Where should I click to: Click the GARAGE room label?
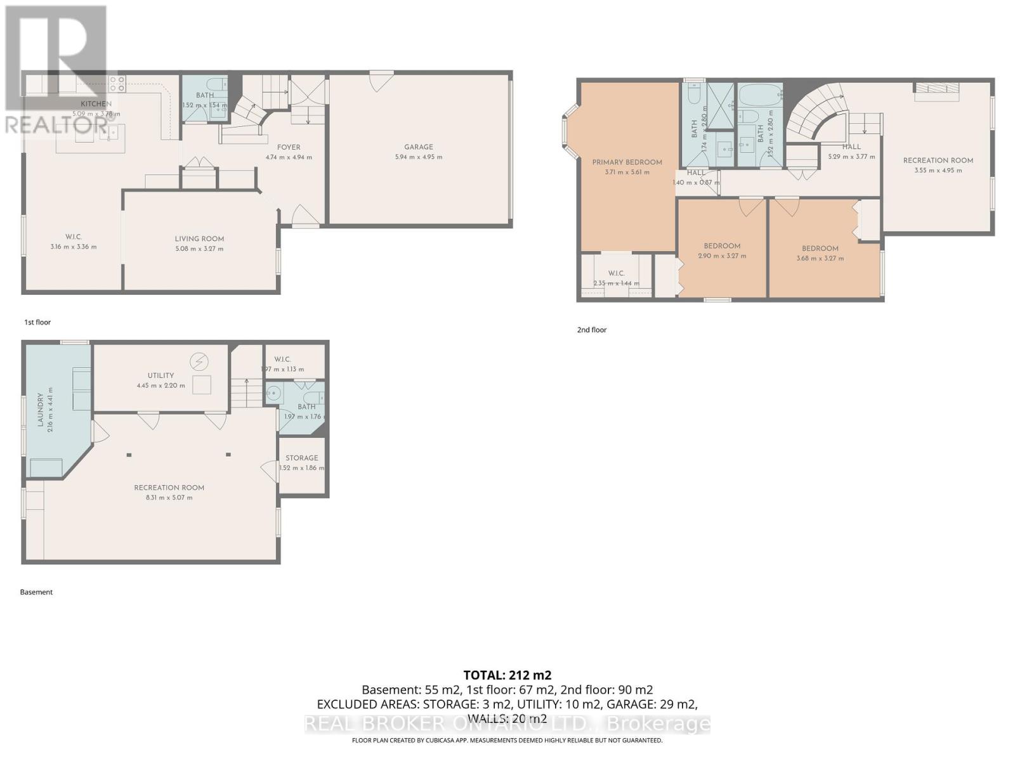tap(418, 146)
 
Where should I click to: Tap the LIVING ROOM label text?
tap(199, 239)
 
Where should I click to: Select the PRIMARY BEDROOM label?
tap(627, 162)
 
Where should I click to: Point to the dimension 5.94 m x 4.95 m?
tap(418, 157)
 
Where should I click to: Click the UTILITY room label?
tap(160, 375)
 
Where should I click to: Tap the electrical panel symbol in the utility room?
tap(199, 362)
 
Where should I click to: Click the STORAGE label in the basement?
tap(301, 458)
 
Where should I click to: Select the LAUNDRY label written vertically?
tap(41, 409)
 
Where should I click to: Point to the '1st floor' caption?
tap(37, 322)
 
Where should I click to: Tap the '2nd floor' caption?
tap(591, 330)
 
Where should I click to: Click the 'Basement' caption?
tap(36, 592)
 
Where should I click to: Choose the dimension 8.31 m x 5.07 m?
tap(169, 498)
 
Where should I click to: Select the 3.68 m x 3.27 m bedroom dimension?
tap(820, 259)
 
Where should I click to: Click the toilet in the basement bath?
tap(273, 394)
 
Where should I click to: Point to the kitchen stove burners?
tap(117, 84)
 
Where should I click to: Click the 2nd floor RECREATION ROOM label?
tap(938, 160)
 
